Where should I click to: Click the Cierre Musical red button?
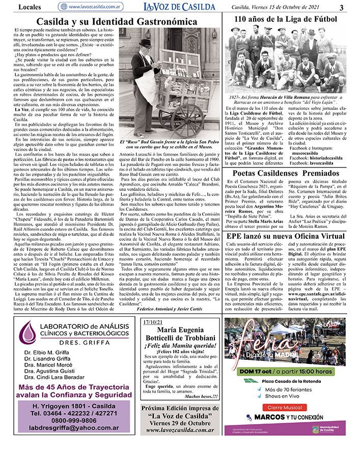(286, 407)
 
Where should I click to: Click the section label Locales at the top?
(29, 7)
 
